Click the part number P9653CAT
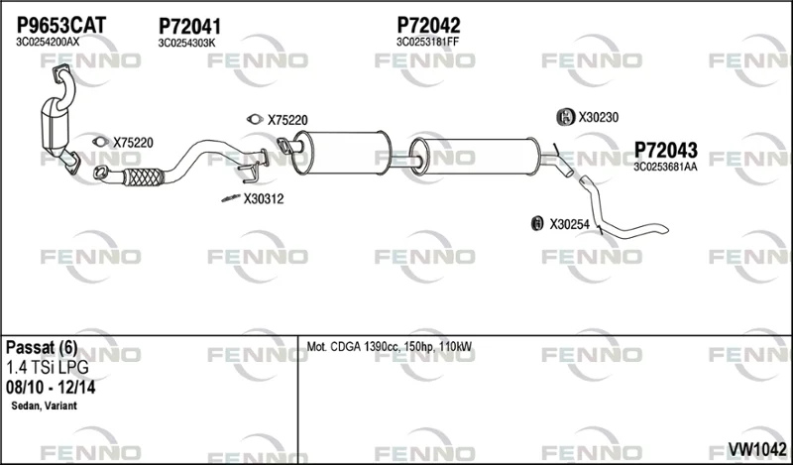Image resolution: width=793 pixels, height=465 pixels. point(61,25)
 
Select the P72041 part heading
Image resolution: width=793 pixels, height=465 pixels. point(189,27)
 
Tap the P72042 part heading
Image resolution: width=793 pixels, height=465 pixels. point(428,25)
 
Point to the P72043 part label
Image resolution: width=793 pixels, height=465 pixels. point(665,150)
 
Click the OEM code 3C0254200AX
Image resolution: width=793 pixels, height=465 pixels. point(48,42)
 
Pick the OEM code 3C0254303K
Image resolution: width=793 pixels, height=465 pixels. point(186,43)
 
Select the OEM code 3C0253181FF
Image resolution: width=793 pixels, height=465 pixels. point(427,42)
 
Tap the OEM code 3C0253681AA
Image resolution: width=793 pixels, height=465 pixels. point(665,167)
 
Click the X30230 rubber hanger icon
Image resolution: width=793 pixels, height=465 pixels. point(565,117)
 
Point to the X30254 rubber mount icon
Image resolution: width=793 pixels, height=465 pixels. point(537,223)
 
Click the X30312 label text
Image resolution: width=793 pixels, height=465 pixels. point(264,199)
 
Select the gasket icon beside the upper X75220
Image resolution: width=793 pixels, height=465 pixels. point(255,119)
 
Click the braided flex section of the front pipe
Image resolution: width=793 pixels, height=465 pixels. point(143,177)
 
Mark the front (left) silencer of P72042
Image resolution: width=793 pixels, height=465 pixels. point(345,153)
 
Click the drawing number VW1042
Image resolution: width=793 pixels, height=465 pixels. point(757,448)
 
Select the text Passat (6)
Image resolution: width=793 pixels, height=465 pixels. point(42,348)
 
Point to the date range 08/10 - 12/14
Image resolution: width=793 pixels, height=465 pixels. point(51,388)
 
